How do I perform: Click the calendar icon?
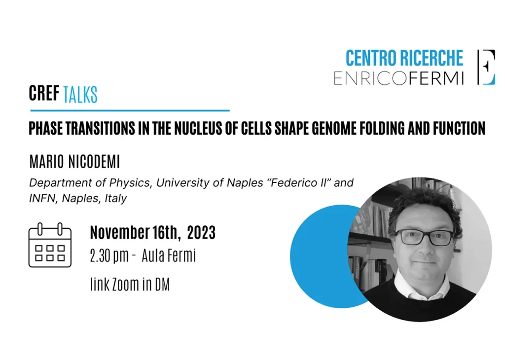50,245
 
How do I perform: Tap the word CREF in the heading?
44,93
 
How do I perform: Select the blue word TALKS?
80,95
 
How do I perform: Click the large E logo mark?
486,67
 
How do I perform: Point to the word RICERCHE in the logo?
432,58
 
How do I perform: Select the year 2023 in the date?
201,232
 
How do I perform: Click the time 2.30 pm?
109,256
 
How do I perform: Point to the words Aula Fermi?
169,255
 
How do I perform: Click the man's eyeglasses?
425,237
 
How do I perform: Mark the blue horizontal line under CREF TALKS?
130,110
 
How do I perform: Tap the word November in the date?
120,232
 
